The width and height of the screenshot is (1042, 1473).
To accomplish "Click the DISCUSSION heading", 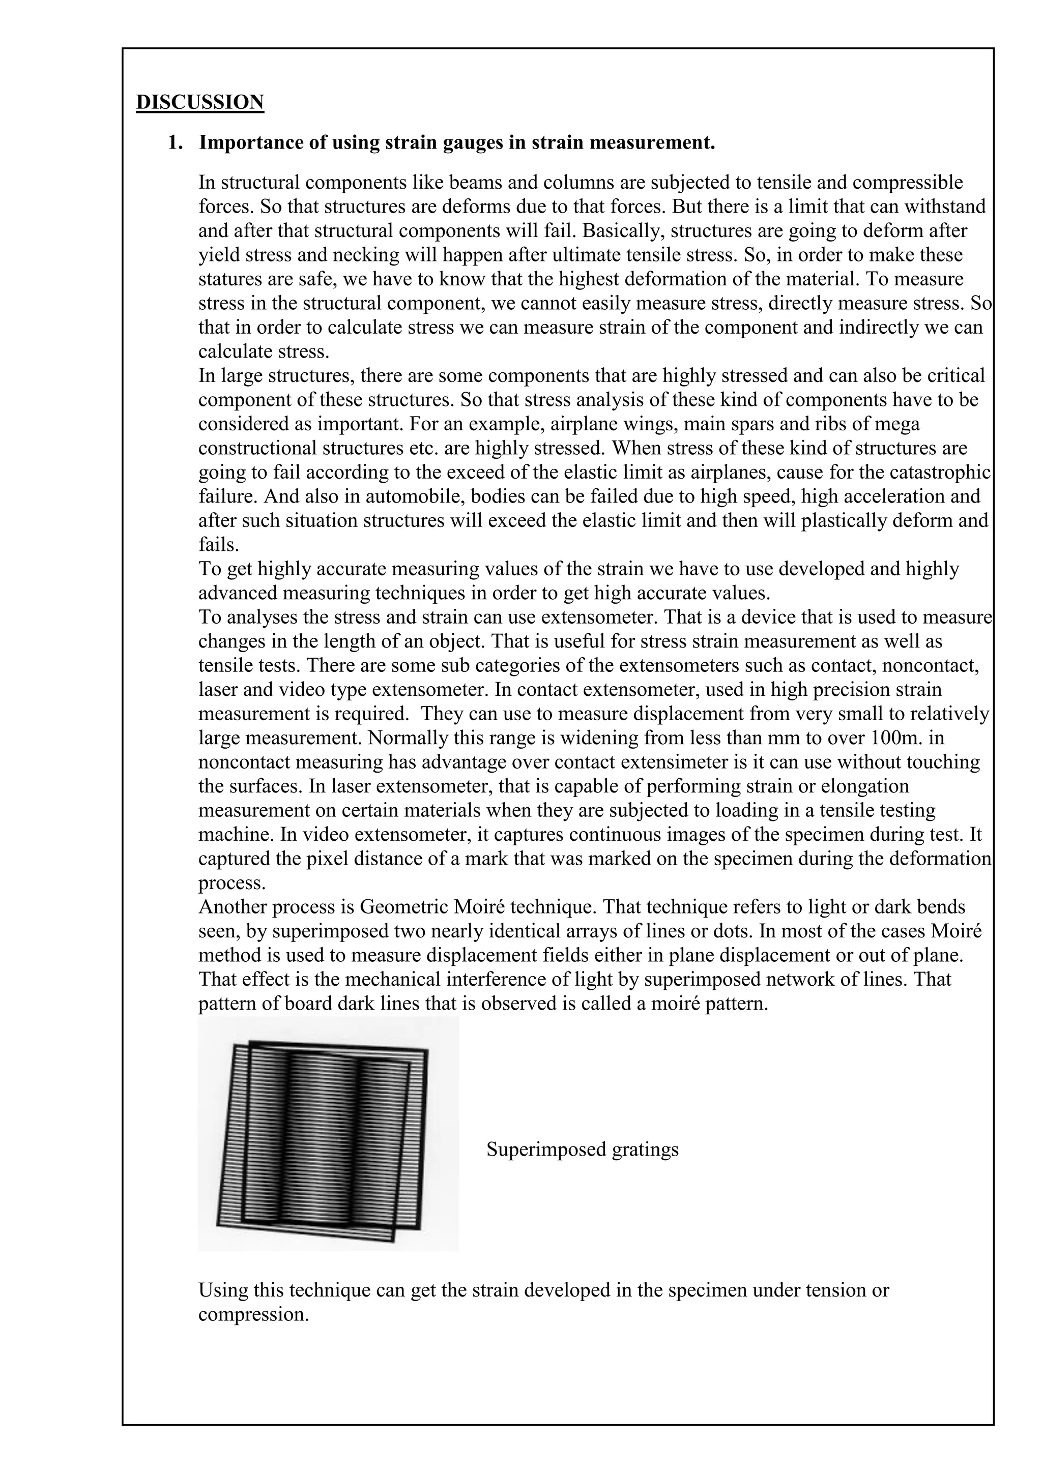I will pos(199,102).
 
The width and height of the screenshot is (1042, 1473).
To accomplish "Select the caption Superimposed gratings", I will pos(582,1149).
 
